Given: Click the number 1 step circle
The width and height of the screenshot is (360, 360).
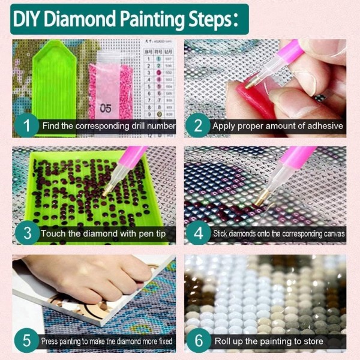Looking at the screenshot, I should coord(26,126).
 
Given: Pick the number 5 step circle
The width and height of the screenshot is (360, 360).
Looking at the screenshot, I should coord(26,341).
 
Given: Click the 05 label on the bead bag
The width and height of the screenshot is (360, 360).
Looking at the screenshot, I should coord(106,109).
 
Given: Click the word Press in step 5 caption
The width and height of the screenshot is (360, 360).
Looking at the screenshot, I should coord(52,341).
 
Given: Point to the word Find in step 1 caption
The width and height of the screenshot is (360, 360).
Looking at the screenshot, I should coord(50,126).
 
